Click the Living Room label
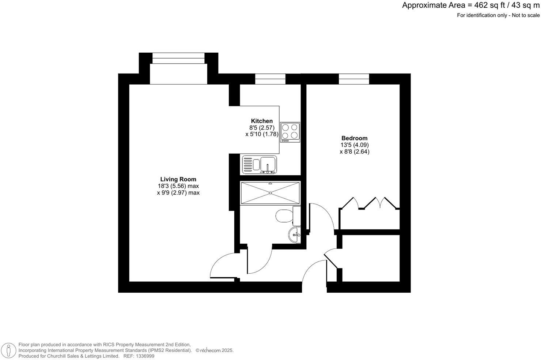click(x=178, y=179)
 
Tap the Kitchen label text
click(x=262, y=121)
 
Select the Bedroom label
click(x=354, y=138)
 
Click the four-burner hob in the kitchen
click(x=290, y=132)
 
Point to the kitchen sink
click(x=260, y=165)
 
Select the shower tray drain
click(x=270, y=192)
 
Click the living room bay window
click(x=178, y=58)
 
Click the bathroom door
click(x=260, y=262)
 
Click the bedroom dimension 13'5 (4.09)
click(x=354, y=145)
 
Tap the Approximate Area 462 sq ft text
click(x=470, y=5)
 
